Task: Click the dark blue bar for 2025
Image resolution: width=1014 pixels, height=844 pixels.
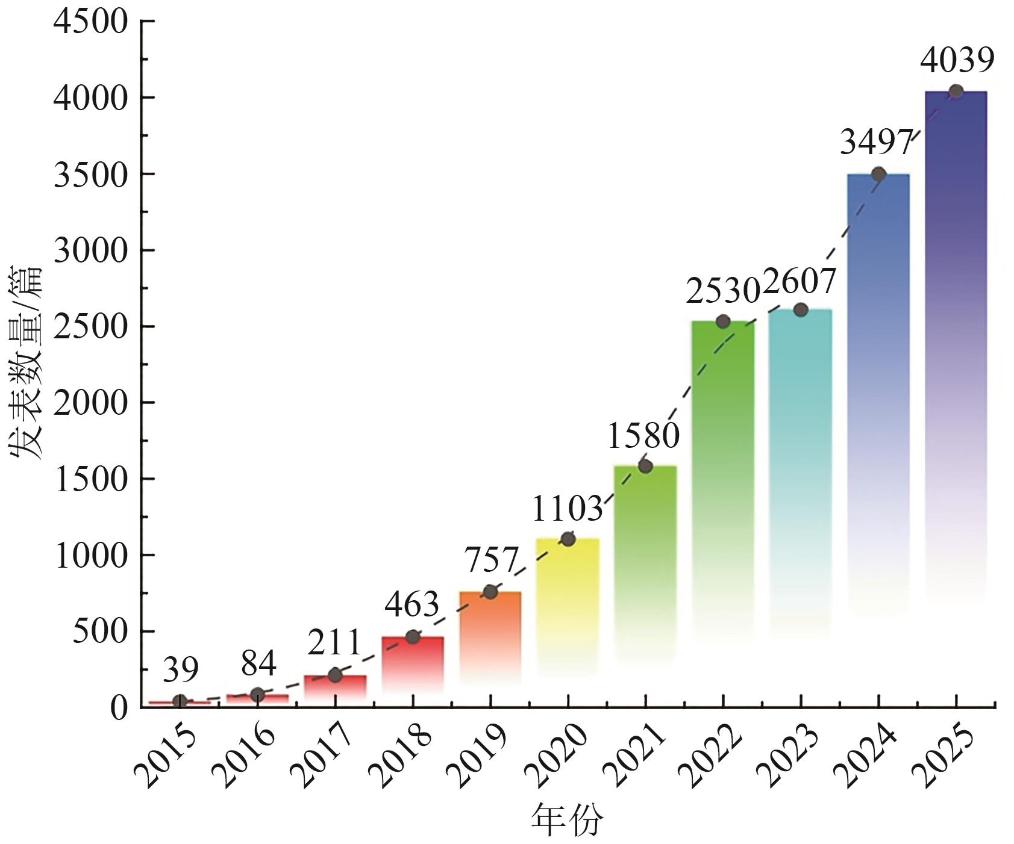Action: [x=956, y=301]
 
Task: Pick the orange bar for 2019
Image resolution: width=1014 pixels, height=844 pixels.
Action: [x=490, y=632]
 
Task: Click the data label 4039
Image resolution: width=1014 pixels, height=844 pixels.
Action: [x=957, y=61]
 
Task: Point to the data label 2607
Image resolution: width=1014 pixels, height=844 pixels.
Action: [x=800, y=281]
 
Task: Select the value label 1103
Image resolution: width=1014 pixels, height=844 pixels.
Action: [x=567, y=509]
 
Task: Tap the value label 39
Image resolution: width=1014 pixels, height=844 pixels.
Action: [x=181, y=669]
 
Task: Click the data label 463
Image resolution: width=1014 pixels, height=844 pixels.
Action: [x=412, y=604]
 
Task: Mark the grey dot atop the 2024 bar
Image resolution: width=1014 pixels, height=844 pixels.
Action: [x=878, y=174]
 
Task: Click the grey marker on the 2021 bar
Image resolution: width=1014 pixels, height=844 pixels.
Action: [x=645, y=466]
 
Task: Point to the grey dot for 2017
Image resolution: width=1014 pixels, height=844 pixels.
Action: [x=335, y=675]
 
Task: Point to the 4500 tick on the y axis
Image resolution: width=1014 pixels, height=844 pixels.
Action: [x=91, y=22]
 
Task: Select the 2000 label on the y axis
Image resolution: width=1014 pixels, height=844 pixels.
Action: [x=91, y=402]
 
